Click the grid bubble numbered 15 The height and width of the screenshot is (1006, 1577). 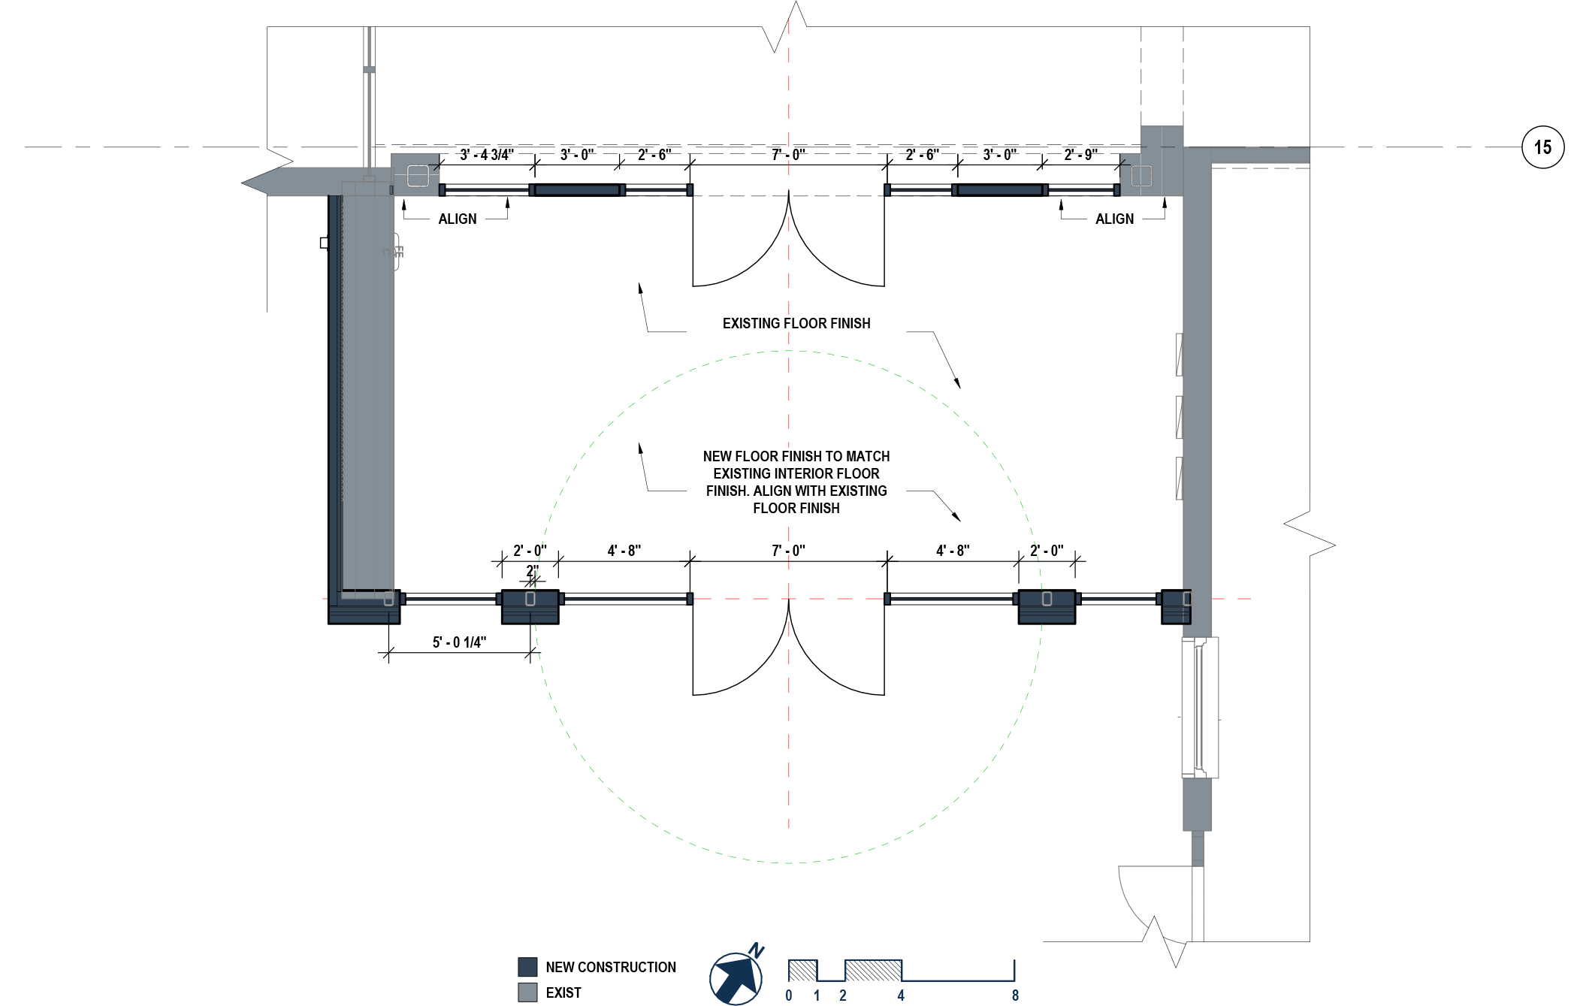(1542, 147)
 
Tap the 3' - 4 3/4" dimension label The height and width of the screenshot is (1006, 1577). (487, 155)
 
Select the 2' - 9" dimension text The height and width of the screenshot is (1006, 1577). (1080, 155)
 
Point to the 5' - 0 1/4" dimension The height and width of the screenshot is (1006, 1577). (459, 642)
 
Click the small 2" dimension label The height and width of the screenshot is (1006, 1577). (532, 571)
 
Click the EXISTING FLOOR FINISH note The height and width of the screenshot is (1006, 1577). (796, 324)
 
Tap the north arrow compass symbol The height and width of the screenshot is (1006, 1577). (736, 977)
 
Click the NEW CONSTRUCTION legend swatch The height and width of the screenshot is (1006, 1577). (527, 967)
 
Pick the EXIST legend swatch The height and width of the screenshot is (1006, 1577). (527, 992)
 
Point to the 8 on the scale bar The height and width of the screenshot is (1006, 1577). (1015, 995)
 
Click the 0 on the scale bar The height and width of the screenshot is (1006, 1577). (789, 995)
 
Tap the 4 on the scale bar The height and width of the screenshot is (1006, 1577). (901, 995)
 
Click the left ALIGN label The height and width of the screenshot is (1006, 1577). (457, 219)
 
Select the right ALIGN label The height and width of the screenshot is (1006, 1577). (1114, 219)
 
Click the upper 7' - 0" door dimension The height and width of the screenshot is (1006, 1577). (788, 155)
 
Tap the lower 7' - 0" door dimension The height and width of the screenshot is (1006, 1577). (788, 551)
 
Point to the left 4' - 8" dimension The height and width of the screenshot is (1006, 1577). (624, 551)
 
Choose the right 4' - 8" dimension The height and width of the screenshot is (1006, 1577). (952, 551)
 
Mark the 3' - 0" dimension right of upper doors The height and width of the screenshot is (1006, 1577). (999, 155)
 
